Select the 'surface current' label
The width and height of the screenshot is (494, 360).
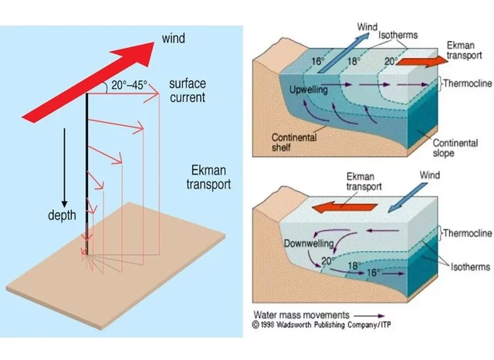click(x=188, y=90)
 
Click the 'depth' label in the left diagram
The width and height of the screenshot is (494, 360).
click(x=61, y=216)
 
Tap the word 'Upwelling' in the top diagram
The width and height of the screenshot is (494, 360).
click(x=309, y=90)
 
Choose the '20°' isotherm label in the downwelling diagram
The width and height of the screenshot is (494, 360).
click(x=327, y=261)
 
